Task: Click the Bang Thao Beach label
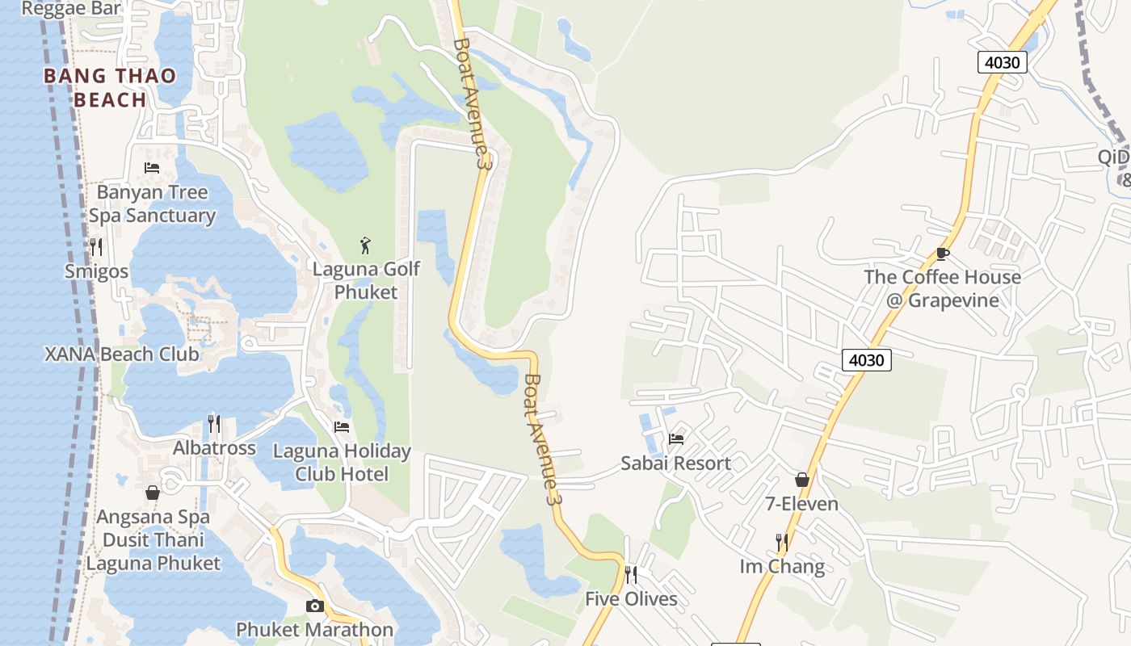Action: pyautogui.click(x=110, y=87)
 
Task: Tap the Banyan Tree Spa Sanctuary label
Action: pyautogui.click(x=152, y=203)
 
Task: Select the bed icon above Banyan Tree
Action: pyautogui.click(x=152, y=168)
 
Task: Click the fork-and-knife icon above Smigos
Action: pyautogui.click(x=96, y=246)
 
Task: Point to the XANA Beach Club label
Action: pyautogui.click(x=121, y=354)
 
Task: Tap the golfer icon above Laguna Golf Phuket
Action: pyautogui.click(x=365, y=245)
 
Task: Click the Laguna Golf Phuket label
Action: pyautogui.click(x=366, y=280)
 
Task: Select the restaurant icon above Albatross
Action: pyautogui.click(x=214, y=423)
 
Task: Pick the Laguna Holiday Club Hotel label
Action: pyautogui.click(x=342, y=462)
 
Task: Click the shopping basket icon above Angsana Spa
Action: pyautogui.click(x=153, y=493)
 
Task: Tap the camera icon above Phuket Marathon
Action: pyautogui.click(x=315, y=606)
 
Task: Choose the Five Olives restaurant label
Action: pyautogui.click(x=631, y=599)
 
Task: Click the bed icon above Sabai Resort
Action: pyautogui.click(x=676, y=438)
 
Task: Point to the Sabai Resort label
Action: pyautogui.click(x=675, y=464)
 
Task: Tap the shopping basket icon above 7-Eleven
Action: pyautogui.click(x=802, y=480)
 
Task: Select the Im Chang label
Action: pyautogui.click(x=782, y=566)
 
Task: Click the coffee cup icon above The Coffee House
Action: pyautogui.click(x=942, y=254)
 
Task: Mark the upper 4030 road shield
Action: pyautogui.click(x=1003, y=62)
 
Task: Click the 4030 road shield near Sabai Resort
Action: pyautogui.click(x=867, y=359)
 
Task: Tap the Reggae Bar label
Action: pyautogui.click(x=71, y=9)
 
